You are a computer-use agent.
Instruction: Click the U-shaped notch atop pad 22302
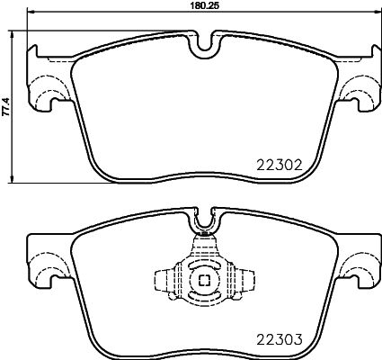203,41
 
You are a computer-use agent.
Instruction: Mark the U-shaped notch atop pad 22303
203,217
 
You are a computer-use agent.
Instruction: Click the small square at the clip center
203,280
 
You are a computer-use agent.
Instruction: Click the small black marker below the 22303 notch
203,235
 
